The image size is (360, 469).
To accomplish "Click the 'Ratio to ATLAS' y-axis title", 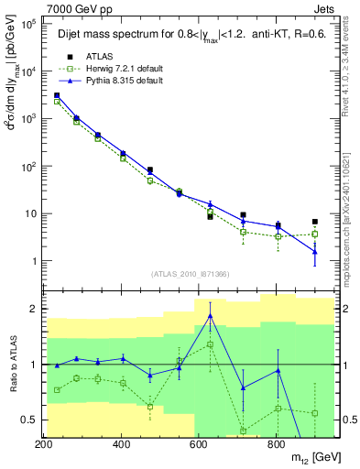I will tap(11, 365).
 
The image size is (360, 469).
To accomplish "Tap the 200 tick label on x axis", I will tap(44, 444).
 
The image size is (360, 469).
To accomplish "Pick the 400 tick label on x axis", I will tap(121, 444).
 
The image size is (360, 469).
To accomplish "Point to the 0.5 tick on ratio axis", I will tap(28, 420).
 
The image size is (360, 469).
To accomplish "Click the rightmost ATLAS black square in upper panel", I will tap(314, 222).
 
